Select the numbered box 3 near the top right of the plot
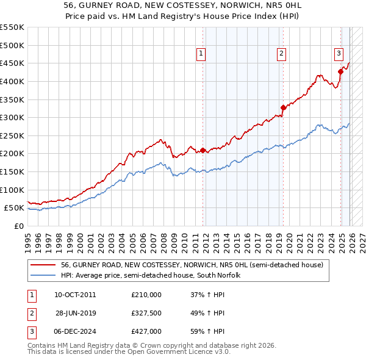(339, 53)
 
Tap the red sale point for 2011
(203, 150)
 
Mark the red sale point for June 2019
(283, 107)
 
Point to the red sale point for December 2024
(340, 71)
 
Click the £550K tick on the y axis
(12, 27)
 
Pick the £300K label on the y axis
(12, 117)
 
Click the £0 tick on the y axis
(18, 226)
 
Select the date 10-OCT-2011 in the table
(75, 295)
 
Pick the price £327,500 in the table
(146, 313)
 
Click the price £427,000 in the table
(146, 331)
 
